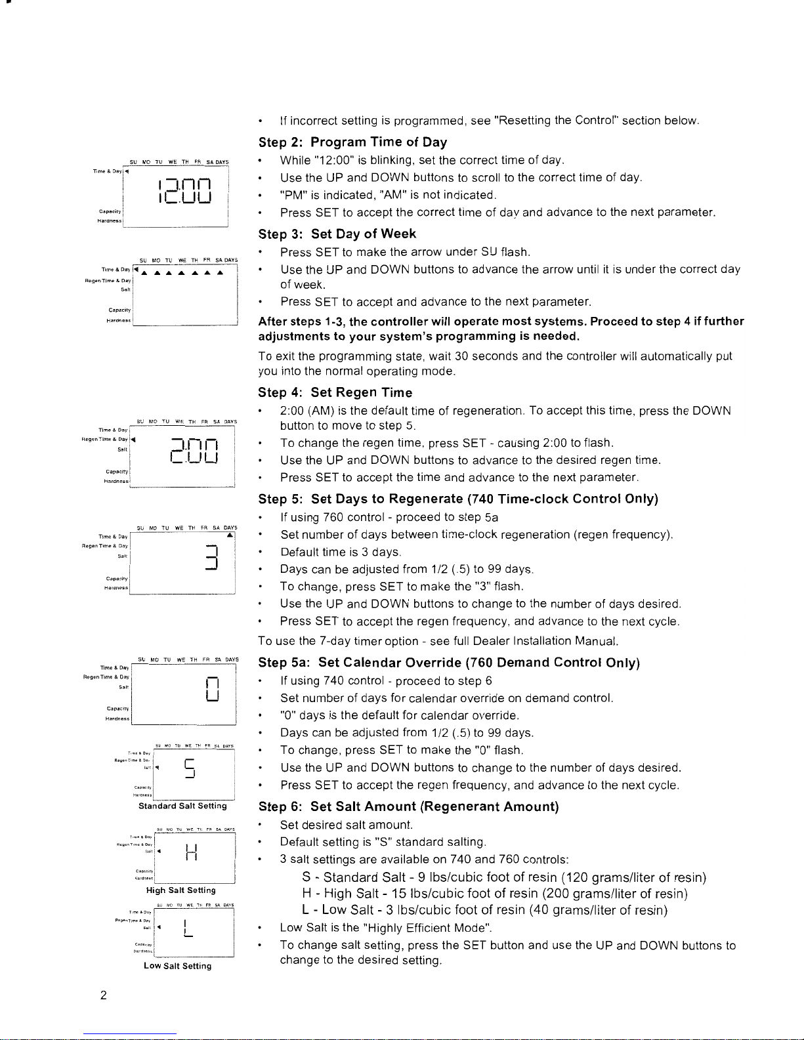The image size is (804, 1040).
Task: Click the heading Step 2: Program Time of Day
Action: (x=352, y=142)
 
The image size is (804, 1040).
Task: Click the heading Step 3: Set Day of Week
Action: (x=337, y=234)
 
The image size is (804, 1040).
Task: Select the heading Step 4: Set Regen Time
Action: (x=335, y=393)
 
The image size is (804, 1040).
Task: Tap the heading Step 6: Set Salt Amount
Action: (x=408, y=807)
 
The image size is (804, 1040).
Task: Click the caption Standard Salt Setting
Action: (x=182, y=806)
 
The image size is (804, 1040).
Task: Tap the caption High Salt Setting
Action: (x=180, y=891)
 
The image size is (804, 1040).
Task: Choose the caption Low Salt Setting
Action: (x=177, y=967)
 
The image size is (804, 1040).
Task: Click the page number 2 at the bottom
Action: (x=104, y=995)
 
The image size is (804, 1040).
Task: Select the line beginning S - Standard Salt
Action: (x=503, y=878)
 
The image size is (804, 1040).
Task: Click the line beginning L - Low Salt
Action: (x=484, y=911)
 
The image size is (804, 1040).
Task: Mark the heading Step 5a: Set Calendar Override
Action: (x=449, y=663)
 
